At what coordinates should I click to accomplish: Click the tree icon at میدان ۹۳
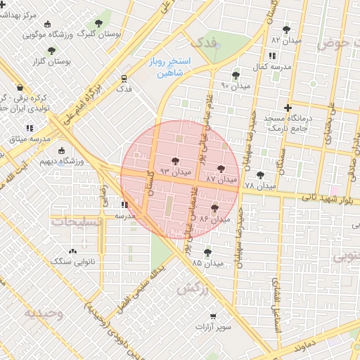coord(175,162)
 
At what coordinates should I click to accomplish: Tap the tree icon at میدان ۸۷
coord(221,169)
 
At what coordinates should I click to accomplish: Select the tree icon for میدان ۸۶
coord(214,208)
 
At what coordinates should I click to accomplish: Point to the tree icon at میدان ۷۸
coord(261,175)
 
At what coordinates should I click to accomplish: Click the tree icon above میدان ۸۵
coord(207,252)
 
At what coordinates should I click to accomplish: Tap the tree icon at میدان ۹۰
coord(236,75)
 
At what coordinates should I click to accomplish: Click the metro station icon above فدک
coord(124,77)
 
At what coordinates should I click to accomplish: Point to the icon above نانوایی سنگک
coord(72,251)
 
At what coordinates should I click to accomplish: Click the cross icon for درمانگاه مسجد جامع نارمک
coord(287,108)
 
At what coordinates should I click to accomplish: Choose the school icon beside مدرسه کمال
coord(271,56)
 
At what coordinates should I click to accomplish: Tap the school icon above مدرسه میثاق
coord(30,129)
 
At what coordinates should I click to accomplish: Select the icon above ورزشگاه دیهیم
coord(62,150)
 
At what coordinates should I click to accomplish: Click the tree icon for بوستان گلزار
coord(51,51)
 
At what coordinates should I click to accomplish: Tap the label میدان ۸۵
coord(207,263)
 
